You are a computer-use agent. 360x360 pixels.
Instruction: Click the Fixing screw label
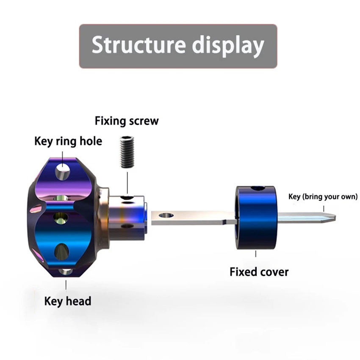(127, 121)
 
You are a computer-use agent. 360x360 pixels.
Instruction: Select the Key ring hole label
(68, 141)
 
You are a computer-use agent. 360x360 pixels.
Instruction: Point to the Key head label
(68, 301)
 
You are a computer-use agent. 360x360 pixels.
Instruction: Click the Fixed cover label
(259, 271)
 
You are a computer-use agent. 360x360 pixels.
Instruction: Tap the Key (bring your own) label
(323, 197)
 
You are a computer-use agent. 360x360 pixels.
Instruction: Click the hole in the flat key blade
(166, 216)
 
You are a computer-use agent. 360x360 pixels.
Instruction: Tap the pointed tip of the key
(332, 218)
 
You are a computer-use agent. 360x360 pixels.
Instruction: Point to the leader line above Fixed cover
(256, 254)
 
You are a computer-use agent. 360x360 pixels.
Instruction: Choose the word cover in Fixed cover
(274, 271)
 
